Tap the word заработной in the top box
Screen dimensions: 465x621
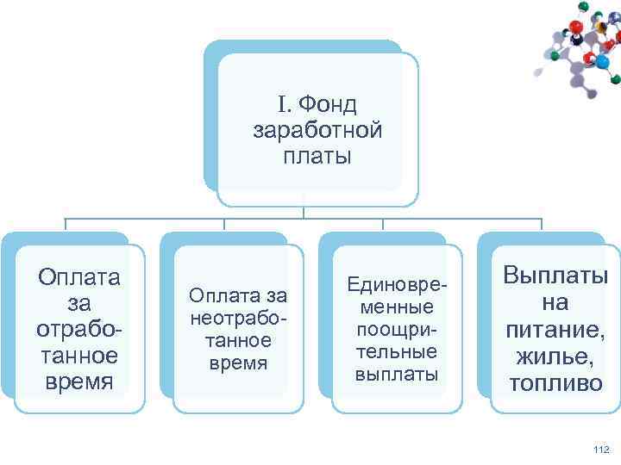(x=317, y=131)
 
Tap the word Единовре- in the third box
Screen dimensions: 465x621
(x=396, y=284)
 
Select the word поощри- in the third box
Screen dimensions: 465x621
(x=396, y=330)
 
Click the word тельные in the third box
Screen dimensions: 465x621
(x=396, y=352)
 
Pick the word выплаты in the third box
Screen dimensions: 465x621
(x=396, y=375)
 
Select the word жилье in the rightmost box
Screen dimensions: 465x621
(x=555, y=356)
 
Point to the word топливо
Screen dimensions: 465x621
(x=555, y=383)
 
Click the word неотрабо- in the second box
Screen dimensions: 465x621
(x=237, y=318)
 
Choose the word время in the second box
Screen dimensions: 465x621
(x=237, y=363)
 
